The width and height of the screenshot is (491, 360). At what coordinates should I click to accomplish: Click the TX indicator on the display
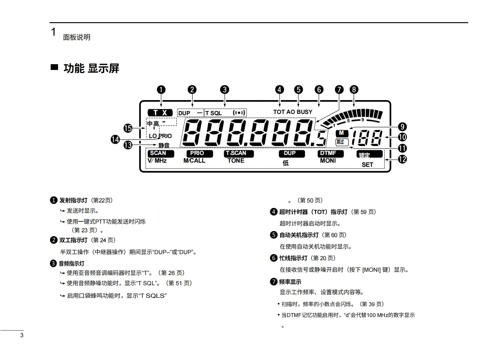(x=160, y=113)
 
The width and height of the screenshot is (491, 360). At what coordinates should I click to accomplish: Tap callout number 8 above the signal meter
(x=354, y=90)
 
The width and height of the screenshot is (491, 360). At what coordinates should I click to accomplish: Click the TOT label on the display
(x=279, y=112)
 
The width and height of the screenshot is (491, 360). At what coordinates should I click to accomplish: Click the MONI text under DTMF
(x=328, y=160)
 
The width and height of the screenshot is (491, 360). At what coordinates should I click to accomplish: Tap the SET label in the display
(x=367, y=165)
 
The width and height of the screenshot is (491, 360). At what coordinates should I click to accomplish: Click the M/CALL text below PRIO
(x=194, y=160)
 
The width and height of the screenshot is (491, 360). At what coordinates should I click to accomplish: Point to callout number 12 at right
(x=402, y=159)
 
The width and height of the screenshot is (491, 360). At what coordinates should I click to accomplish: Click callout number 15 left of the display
(x=128, y=128)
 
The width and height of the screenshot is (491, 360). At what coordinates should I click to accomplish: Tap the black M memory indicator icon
(x=342, y=133)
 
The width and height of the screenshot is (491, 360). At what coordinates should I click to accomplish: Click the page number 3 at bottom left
(x=22, y=336)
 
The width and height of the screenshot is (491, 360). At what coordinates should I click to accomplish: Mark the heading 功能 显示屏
(x=91, y=68)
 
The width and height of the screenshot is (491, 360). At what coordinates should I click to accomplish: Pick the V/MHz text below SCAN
(x=157, y=160)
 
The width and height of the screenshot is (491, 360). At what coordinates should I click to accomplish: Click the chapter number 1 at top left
(x=54, y=32)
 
